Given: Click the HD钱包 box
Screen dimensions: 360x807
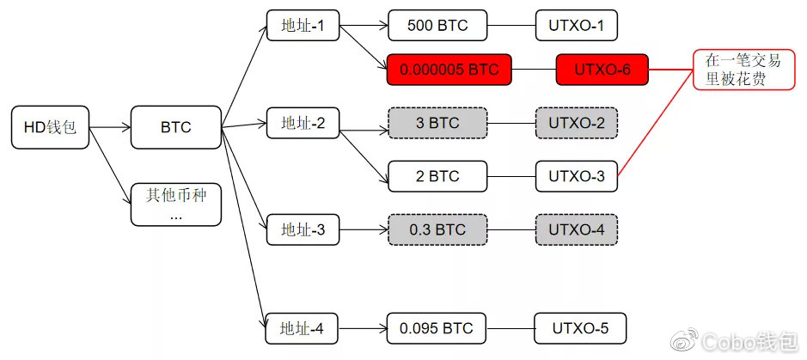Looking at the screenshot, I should point(51,128).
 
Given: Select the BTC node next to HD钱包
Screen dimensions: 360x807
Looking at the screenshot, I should point(175,128).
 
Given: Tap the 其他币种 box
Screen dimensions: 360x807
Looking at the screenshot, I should point(175,204).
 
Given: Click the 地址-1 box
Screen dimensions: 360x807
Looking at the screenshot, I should point(303,26).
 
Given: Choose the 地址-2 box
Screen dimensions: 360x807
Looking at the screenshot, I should point(303,124).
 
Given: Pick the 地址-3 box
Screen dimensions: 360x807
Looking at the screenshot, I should point(303,230).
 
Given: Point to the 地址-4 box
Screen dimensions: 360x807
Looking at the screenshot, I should point(303,328).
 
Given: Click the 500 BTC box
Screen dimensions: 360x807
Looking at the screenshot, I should point(437,26).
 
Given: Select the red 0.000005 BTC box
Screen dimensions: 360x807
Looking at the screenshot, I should point(449,70).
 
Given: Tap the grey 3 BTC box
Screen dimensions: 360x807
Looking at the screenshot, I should point(437,124).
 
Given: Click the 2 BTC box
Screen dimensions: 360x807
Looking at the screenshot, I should point(437,177).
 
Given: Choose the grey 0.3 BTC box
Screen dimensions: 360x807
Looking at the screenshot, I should point(437,230).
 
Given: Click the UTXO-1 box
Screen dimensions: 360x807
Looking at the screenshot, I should point(577,26).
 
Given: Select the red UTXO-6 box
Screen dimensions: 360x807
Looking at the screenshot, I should point(602,70).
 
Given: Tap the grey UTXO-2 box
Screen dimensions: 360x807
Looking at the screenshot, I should point(577,124).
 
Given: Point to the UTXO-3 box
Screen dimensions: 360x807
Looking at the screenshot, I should point(577,177).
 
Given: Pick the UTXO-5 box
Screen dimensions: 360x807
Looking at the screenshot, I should point(579,328).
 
